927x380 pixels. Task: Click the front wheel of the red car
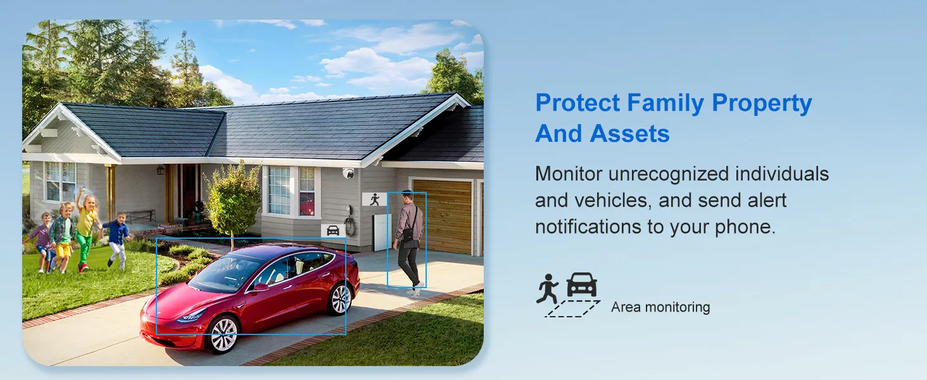coord(224,334)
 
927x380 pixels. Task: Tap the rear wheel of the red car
coord(340,299)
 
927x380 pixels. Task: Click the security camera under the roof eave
coord(348,173)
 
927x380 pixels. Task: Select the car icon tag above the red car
coord(333,231)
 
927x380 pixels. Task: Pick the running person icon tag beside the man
coord(374,199)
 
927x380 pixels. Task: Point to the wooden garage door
coord(443,216)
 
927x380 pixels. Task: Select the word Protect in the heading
coord(577,103)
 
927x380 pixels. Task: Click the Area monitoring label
coord(660,307)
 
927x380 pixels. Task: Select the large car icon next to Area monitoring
coord(582,285)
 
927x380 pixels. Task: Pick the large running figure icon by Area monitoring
coord(548,289)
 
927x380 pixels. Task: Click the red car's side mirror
coord(260,287)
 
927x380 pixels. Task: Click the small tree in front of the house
coord(233,203)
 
